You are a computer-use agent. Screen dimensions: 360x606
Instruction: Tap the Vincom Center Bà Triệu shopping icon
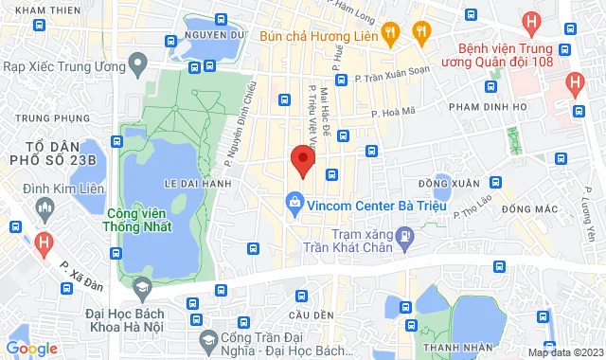click(x=295, y=203)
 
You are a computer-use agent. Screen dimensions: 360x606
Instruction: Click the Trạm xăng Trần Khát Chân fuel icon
click(x=405, y=234)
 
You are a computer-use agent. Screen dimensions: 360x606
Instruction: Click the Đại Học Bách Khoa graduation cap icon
click(x=142, y=287)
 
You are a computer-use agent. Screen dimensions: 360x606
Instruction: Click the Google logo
click(x=30, y=348)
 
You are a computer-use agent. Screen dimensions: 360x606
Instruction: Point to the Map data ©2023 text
click(x=564, y=352)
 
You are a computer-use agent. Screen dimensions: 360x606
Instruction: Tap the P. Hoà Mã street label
click(x=394, y=112)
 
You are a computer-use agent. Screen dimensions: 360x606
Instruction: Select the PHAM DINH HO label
click(x=487, y=107)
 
